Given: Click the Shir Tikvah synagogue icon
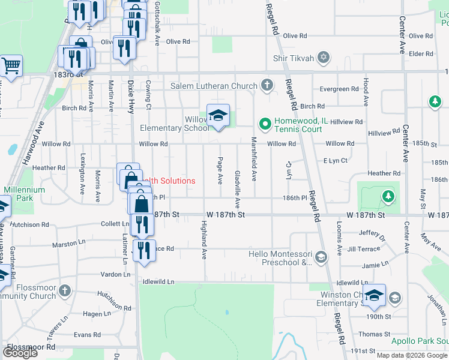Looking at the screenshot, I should (x=324, y=58).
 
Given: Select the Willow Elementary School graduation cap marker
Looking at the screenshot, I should (x=218, y=116).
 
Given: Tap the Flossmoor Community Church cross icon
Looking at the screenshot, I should (x=65, y=292).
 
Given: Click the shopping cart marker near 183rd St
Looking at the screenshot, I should (x=11, y=66).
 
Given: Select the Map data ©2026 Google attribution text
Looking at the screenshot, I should (x=412, y=355).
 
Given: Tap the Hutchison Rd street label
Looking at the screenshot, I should (x=29, y=224).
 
